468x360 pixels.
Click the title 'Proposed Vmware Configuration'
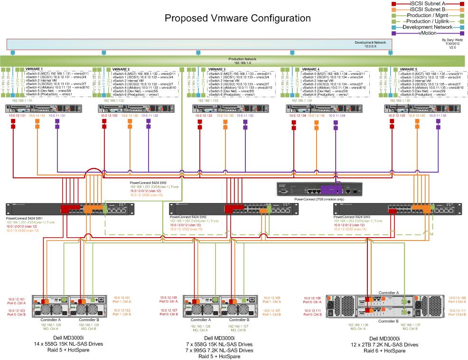coord(237,18)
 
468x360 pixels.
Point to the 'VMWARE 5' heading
coord(409,69)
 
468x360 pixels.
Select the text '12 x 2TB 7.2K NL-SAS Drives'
coord(391,344)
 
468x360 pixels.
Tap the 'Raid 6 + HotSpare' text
coord(391,351)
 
